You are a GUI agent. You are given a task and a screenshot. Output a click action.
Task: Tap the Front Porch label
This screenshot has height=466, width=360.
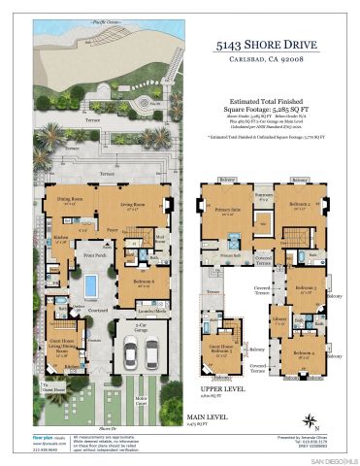coord(94,255)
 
